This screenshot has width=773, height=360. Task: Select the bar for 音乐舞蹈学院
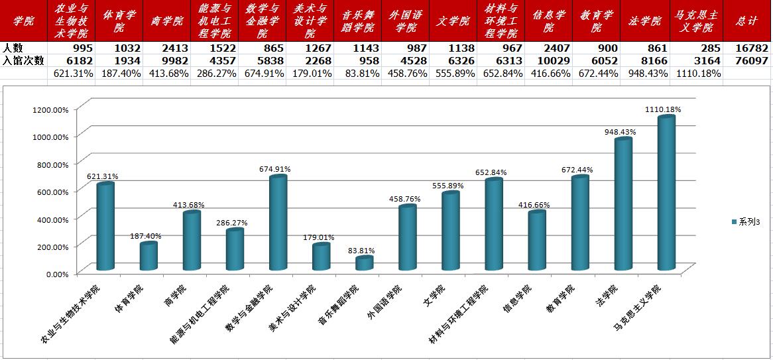(x=364, y=263)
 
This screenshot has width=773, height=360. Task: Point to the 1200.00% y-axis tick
(x=50, y=109)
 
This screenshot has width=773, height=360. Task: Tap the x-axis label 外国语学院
(x=386, y=301)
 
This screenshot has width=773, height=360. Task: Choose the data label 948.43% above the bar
(x=620, y=132)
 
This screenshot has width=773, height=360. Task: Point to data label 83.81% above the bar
(x=361, y=251)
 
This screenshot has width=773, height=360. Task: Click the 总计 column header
(x=747, y=21)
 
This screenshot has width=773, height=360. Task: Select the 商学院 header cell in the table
(x=167, y=21)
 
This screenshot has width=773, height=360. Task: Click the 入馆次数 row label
(x=23, y=60)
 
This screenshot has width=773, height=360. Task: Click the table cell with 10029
(x=552, y=60)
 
